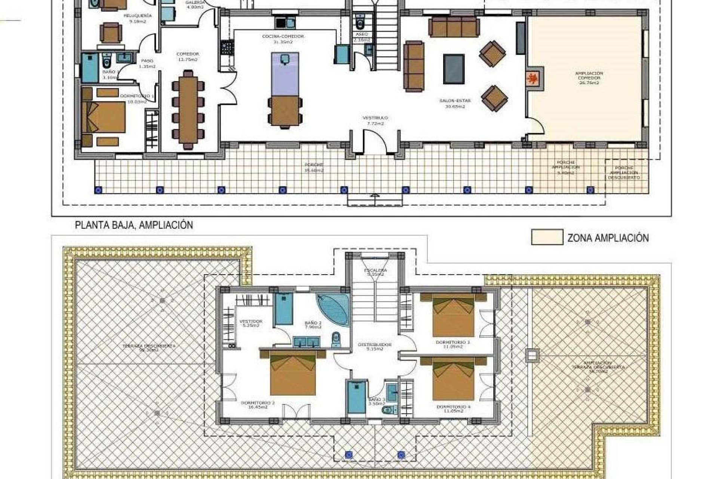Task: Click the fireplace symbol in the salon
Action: click(533, 79)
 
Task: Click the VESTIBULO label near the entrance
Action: click(375, 120)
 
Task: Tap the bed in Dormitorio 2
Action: click(293, 373)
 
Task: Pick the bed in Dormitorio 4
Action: click(453, 379)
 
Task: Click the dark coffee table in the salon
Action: click(454, 69)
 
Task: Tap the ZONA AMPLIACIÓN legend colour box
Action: click(547, 238)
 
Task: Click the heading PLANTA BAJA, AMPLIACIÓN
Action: click(134, 225)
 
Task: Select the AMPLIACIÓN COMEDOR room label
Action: click(589, 78)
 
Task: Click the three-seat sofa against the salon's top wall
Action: click(454, 27)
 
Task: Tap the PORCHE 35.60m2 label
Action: click(313, 167)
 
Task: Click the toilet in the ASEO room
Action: click(360, 23)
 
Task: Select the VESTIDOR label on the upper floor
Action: click(251, 323)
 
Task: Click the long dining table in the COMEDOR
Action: click(188, 107)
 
